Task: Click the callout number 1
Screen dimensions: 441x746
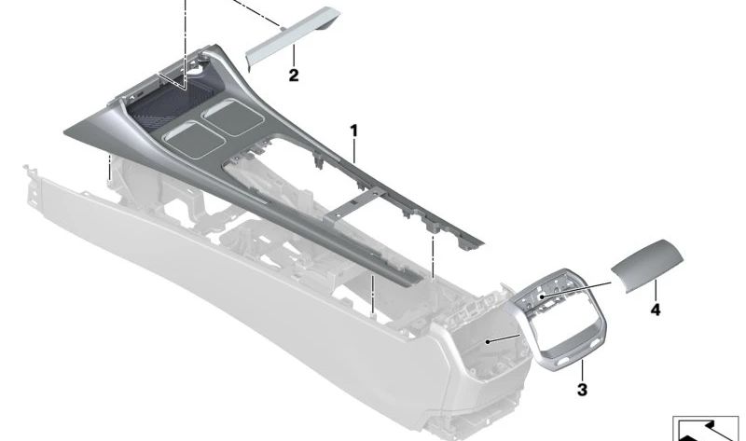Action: point(353,130)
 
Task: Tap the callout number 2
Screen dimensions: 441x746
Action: point(293,76)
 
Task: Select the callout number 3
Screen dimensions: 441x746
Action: point(582,389)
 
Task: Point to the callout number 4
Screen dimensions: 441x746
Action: point(655,309)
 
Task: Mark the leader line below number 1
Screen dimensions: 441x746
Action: point(354,150)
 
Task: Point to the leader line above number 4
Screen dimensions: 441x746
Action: point(656,290)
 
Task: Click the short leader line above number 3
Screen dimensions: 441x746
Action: point(582,371)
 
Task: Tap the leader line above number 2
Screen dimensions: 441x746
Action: point(293,57)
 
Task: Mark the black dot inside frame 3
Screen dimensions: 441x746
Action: point(541,296)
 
